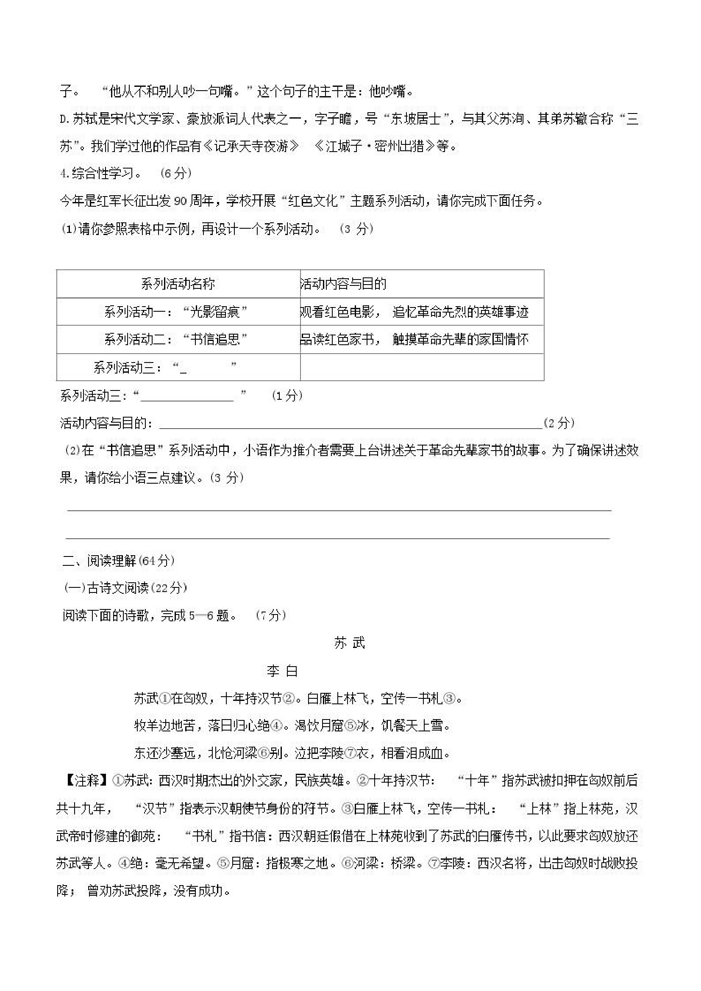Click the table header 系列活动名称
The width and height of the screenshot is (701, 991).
click(x=178, y=284)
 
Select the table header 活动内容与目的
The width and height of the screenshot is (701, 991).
click(x=343, y=284)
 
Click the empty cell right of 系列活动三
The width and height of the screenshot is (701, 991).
click(x=422, y=367)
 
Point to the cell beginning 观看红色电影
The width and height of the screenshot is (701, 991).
click(x=414, y=312)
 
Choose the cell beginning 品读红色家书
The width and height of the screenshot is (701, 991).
click(x=414, y=339)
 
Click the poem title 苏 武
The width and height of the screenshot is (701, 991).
click(x=349, y=643)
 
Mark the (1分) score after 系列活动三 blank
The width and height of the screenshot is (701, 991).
click(x=287, y=396)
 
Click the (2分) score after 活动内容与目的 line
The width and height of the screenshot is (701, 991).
click(x=559, y=423)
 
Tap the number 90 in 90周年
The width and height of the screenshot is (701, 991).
click(x=180, y=201)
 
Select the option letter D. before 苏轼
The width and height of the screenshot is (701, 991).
click(x=64, y=119)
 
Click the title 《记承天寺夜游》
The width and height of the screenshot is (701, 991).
click(x=250, y=146)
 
